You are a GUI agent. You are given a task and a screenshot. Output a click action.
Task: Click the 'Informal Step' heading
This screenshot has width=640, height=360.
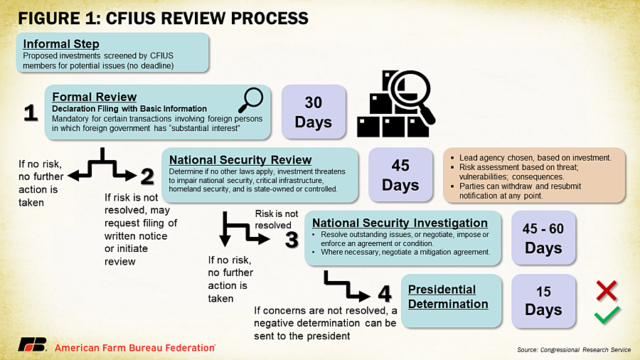coord(61,43)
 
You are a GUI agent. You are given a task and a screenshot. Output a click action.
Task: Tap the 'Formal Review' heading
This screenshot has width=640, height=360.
coord(95,97)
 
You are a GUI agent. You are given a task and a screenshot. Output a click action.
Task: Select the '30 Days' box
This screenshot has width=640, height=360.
coord(314,112)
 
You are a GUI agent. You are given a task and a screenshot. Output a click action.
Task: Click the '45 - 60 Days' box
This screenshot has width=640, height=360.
coord(543,238)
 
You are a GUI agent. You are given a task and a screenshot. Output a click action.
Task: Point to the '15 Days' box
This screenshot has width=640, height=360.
coord(543,301)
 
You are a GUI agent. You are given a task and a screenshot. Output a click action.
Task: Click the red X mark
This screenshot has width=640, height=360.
coord(607,290)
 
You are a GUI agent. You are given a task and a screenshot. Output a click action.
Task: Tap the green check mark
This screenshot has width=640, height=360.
coord(607,315)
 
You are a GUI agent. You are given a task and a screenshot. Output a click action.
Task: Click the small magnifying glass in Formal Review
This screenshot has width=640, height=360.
coord(250,100)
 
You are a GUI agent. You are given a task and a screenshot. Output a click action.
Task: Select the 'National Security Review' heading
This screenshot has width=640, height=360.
coord(240,160)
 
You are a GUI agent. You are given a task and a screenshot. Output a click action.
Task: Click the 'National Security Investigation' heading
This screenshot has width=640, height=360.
coord(400,223)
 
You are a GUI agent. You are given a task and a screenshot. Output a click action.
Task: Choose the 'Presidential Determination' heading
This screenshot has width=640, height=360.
coord(448,297)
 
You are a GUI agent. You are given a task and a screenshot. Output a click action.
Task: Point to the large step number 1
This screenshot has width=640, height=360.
coord(31,112)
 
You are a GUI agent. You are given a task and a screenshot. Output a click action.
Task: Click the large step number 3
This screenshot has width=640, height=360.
coord(292,240)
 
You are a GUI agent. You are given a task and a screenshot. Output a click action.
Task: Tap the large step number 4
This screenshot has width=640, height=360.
coord(385,293)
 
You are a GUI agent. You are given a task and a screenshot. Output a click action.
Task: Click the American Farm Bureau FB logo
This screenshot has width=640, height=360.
coord(32,344)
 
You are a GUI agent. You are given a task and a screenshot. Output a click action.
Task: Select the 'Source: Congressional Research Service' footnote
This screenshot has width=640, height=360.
coord(574,350)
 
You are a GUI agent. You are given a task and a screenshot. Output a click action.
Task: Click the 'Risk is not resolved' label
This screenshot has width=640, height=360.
coord(277,220)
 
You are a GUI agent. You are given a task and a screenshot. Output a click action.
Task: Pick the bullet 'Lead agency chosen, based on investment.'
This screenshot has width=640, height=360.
coord(535,157)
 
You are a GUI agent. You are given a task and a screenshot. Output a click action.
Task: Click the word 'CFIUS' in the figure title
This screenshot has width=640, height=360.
coord(134,18)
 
